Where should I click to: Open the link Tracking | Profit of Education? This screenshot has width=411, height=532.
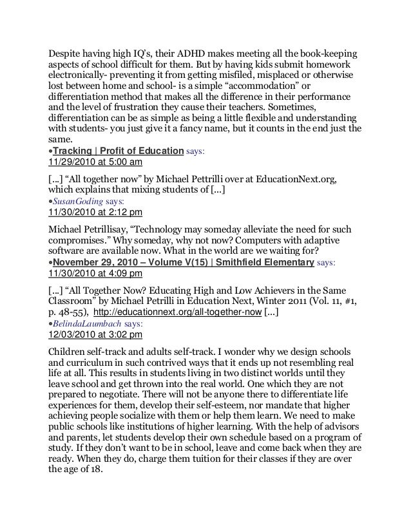tap(119, 151)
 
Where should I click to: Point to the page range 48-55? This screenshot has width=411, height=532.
tap(76, 314)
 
